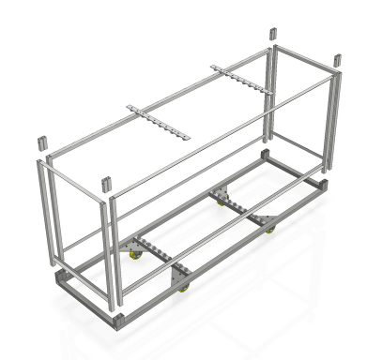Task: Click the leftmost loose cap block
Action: [x=41, y=143]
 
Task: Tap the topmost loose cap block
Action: [x=273, y=33]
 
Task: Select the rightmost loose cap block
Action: [x=335, y=60]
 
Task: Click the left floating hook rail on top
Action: [x=159, y=123]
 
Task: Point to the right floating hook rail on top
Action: [x=240, y=83]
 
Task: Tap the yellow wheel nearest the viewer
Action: [x=184, y=287]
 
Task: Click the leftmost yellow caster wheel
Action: [x=135, y=254]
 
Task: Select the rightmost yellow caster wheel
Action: [x=269, y=229]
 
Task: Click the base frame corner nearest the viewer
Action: [x=118, y=321]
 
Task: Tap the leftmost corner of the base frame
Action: [x=60, y=281]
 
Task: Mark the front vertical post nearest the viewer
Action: [x=113, y=253]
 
